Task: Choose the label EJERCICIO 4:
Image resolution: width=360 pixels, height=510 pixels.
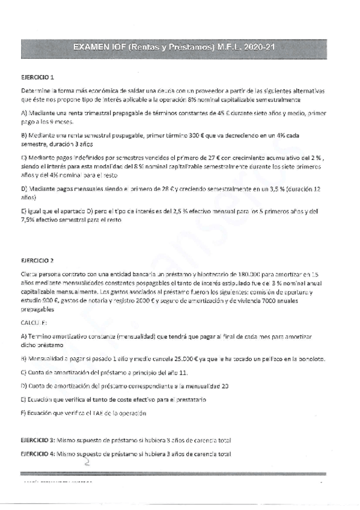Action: click(38, 453)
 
